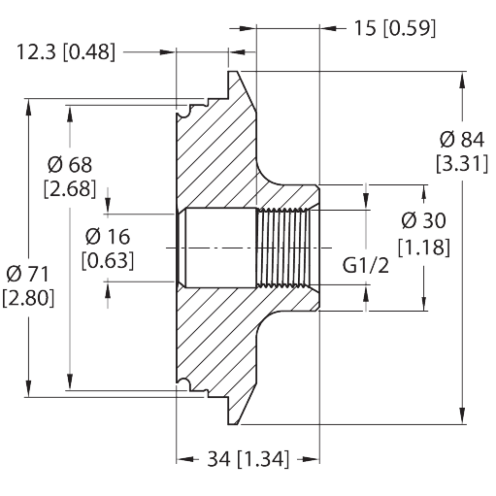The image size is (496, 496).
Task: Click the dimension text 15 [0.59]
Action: pyautogui.click(x=395, y=28)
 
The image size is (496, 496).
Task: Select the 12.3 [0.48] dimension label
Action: pyautogui.click(x=65, y=52)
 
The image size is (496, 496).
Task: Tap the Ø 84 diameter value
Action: pyautogui.click(x=462, y=140)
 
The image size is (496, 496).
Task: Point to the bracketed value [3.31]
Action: pyautogui.click(x=462, y=164)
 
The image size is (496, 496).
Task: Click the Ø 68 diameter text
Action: pyautogui.click(x=70, y=165)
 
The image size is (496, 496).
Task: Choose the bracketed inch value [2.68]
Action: pyautogui.click(x=70, y=188)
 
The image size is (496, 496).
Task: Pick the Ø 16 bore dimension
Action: pyautogui.click(x=108, y=237)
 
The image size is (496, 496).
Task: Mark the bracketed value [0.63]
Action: pyautogui.click(x=108, y=260)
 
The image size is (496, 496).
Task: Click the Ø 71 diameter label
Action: pyautogui.click(x=27, y=275)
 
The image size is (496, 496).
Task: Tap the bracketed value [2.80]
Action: pyautogui.click(x=28, y=298)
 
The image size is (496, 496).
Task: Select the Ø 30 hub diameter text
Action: pyautogui.click(x=424, y=220)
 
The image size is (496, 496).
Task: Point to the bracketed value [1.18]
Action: pyautogui.click(x=424, y=248)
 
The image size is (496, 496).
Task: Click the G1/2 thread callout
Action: pyautogui.click(x=366, y=266)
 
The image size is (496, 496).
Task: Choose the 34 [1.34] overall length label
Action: pyautogui.click(x=248, y=459)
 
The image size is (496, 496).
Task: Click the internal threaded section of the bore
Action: pyautogui.click(x=282, y=248)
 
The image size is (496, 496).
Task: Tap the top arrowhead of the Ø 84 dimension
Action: pyautogui.click(x=463, y=80)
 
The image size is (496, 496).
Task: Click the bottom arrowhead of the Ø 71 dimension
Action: pyautogui.click(x=28, y=388)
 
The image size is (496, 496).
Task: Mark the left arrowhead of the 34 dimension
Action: pyautogui.click(x=184, y=459)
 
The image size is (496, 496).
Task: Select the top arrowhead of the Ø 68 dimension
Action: pyautogui.click(x=70, y=114)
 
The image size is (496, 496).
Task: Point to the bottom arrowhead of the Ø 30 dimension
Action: pyautogui.click(x=424, y=303)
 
